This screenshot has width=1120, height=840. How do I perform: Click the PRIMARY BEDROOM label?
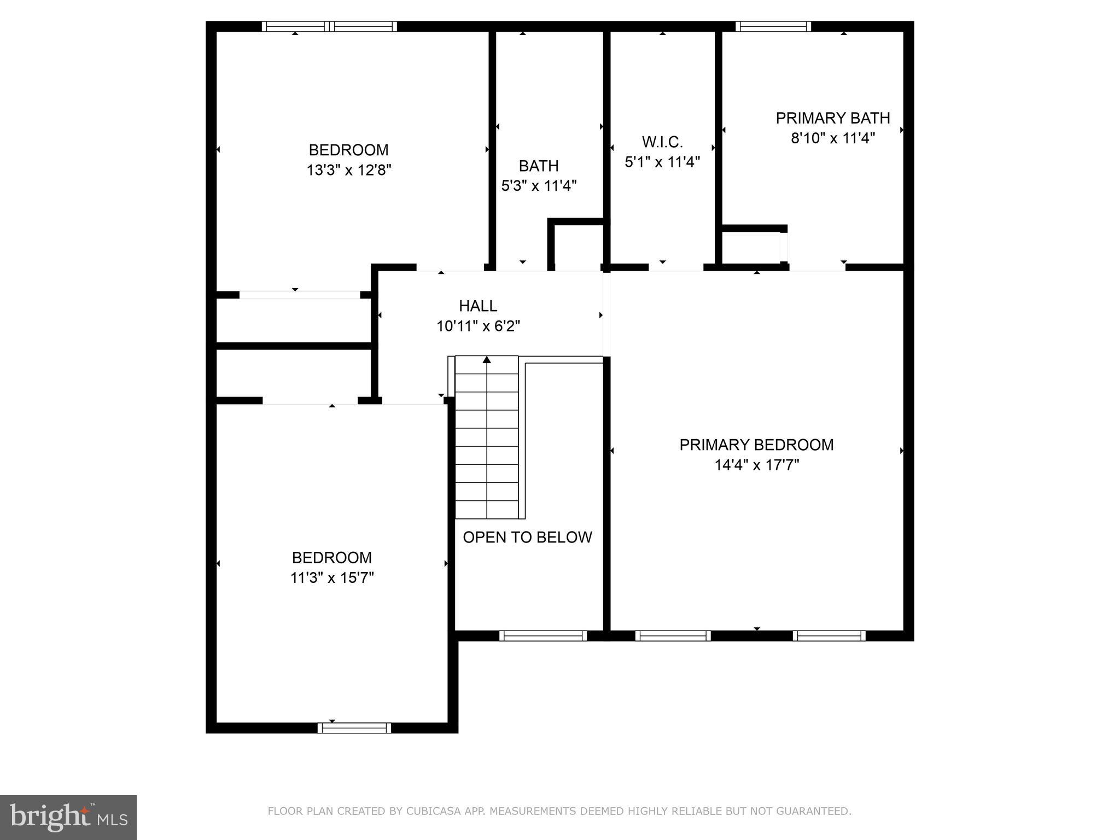pos(756,445)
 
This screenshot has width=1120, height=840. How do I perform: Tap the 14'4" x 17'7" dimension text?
pos(756,465)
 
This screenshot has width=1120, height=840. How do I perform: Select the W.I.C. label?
pos(662,142)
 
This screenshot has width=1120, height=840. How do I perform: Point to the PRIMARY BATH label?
pos(832,118)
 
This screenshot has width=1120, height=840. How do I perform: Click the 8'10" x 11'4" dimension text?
pos(832,138)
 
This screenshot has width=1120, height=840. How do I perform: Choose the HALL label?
pos(478,306)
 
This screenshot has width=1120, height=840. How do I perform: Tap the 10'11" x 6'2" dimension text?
pos(478,326)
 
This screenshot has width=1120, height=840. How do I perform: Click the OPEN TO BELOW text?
pos(527,537)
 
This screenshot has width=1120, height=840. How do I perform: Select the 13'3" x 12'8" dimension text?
pos(349,170)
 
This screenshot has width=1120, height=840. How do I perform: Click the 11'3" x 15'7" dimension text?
pos(332,578)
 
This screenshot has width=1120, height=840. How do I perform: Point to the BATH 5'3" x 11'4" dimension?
pos(539,186)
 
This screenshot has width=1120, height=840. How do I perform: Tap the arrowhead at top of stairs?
pos(487,360)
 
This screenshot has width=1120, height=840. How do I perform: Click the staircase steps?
pos(487,437)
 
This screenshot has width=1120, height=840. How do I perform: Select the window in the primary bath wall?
pos(773,26)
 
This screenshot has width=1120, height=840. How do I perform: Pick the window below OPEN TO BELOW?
pos(542,635)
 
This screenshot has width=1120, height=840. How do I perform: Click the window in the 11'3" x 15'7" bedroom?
pos(354,728)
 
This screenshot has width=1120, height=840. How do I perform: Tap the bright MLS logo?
pos(68,817)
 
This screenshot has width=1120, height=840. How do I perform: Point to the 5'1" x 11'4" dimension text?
pos(662,162)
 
